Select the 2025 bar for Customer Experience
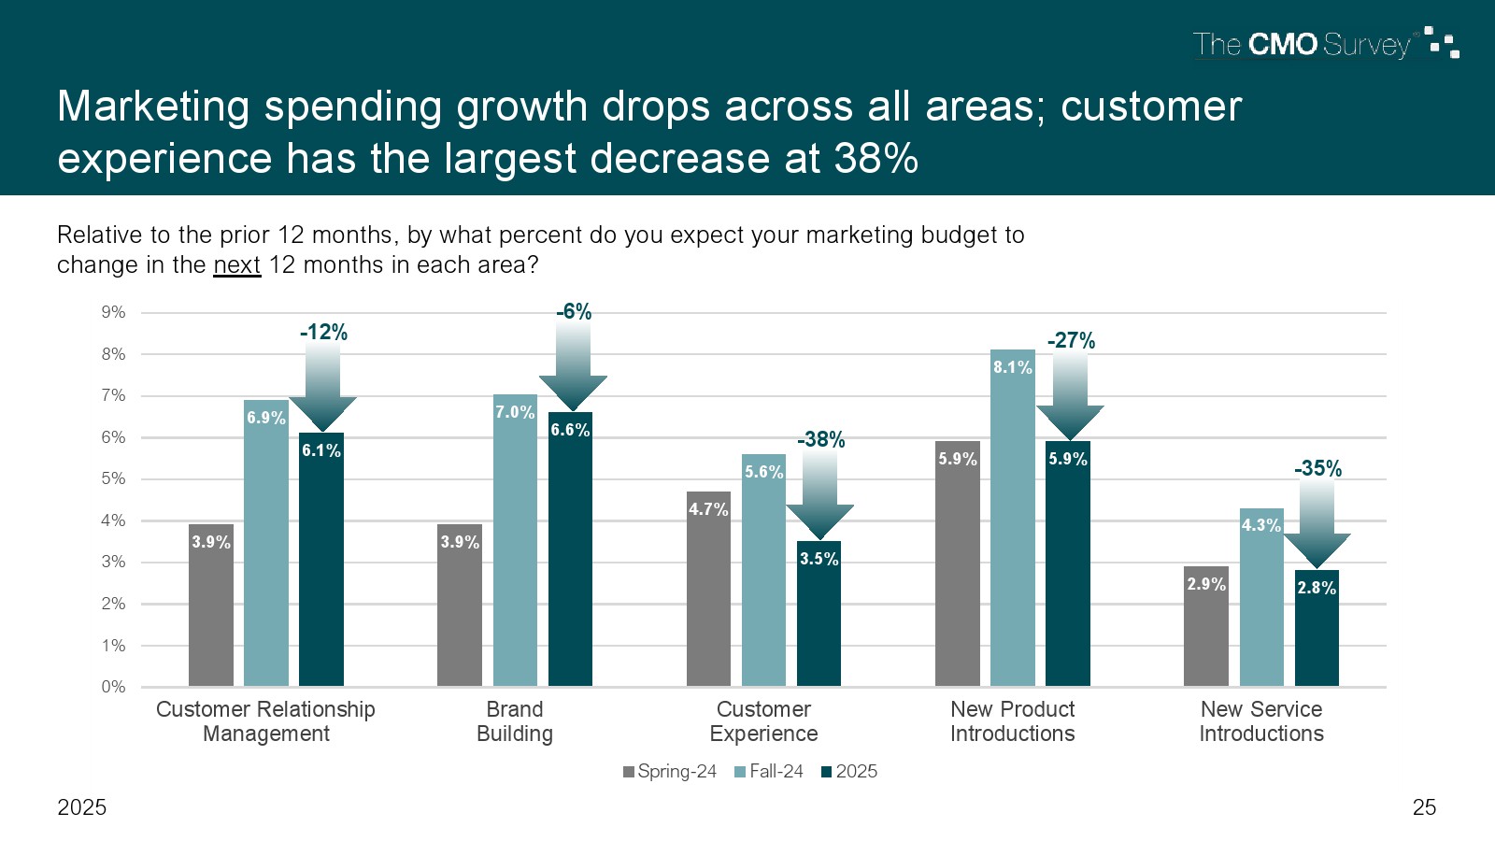point(819,617)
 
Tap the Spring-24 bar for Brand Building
point(460,607)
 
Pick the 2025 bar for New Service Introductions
point(1317,631)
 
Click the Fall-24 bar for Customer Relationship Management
point(266,561)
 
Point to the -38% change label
point(820,439)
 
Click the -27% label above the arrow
point(1071,341)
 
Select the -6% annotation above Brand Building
point(574,312)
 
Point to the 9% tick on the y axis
point(113,312)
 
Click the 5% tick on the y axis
point(113,478)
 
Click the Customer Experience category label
point(763,721)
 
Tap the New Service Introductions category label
point(1261,721)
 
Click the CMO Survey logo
point(1325,44)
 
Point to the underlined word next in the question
point(236,265)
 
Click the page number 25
point(1424,807)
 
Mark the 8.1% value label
point(1013,367)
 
